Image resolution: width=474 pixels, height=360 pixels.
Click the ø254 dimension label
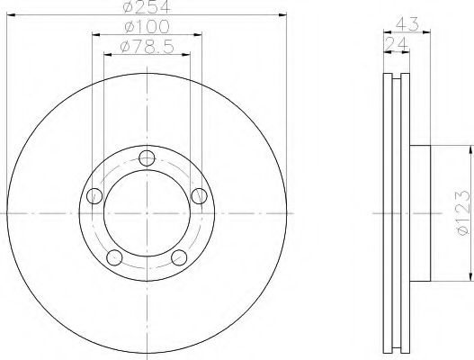(x=147, y=6)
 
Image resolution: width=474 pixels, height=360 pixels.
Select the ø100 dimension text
(x=147, y=27)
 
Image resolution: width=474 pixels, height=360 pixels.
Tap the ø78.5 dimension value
(x=147, y=47)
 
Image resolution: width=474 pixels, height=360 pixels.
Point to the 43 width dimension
(x=407, y=24)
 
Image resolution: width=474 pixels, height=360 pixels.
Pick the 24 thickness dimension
(x=396, y=44)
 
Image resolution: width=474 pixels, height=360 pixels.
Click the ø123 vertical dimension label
(x=464, y=212)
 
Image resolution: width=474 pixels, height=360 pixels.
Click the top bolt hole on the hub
(x=147, y=157)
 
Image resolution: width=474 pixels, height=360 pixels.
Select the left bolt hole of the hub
(x=94, y=196)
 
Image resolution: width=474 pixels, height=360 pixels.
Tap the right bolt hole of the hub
(x=200, y=196)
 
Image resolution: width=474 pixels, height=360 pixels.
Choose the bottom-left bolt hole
(x=114, y=257)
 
